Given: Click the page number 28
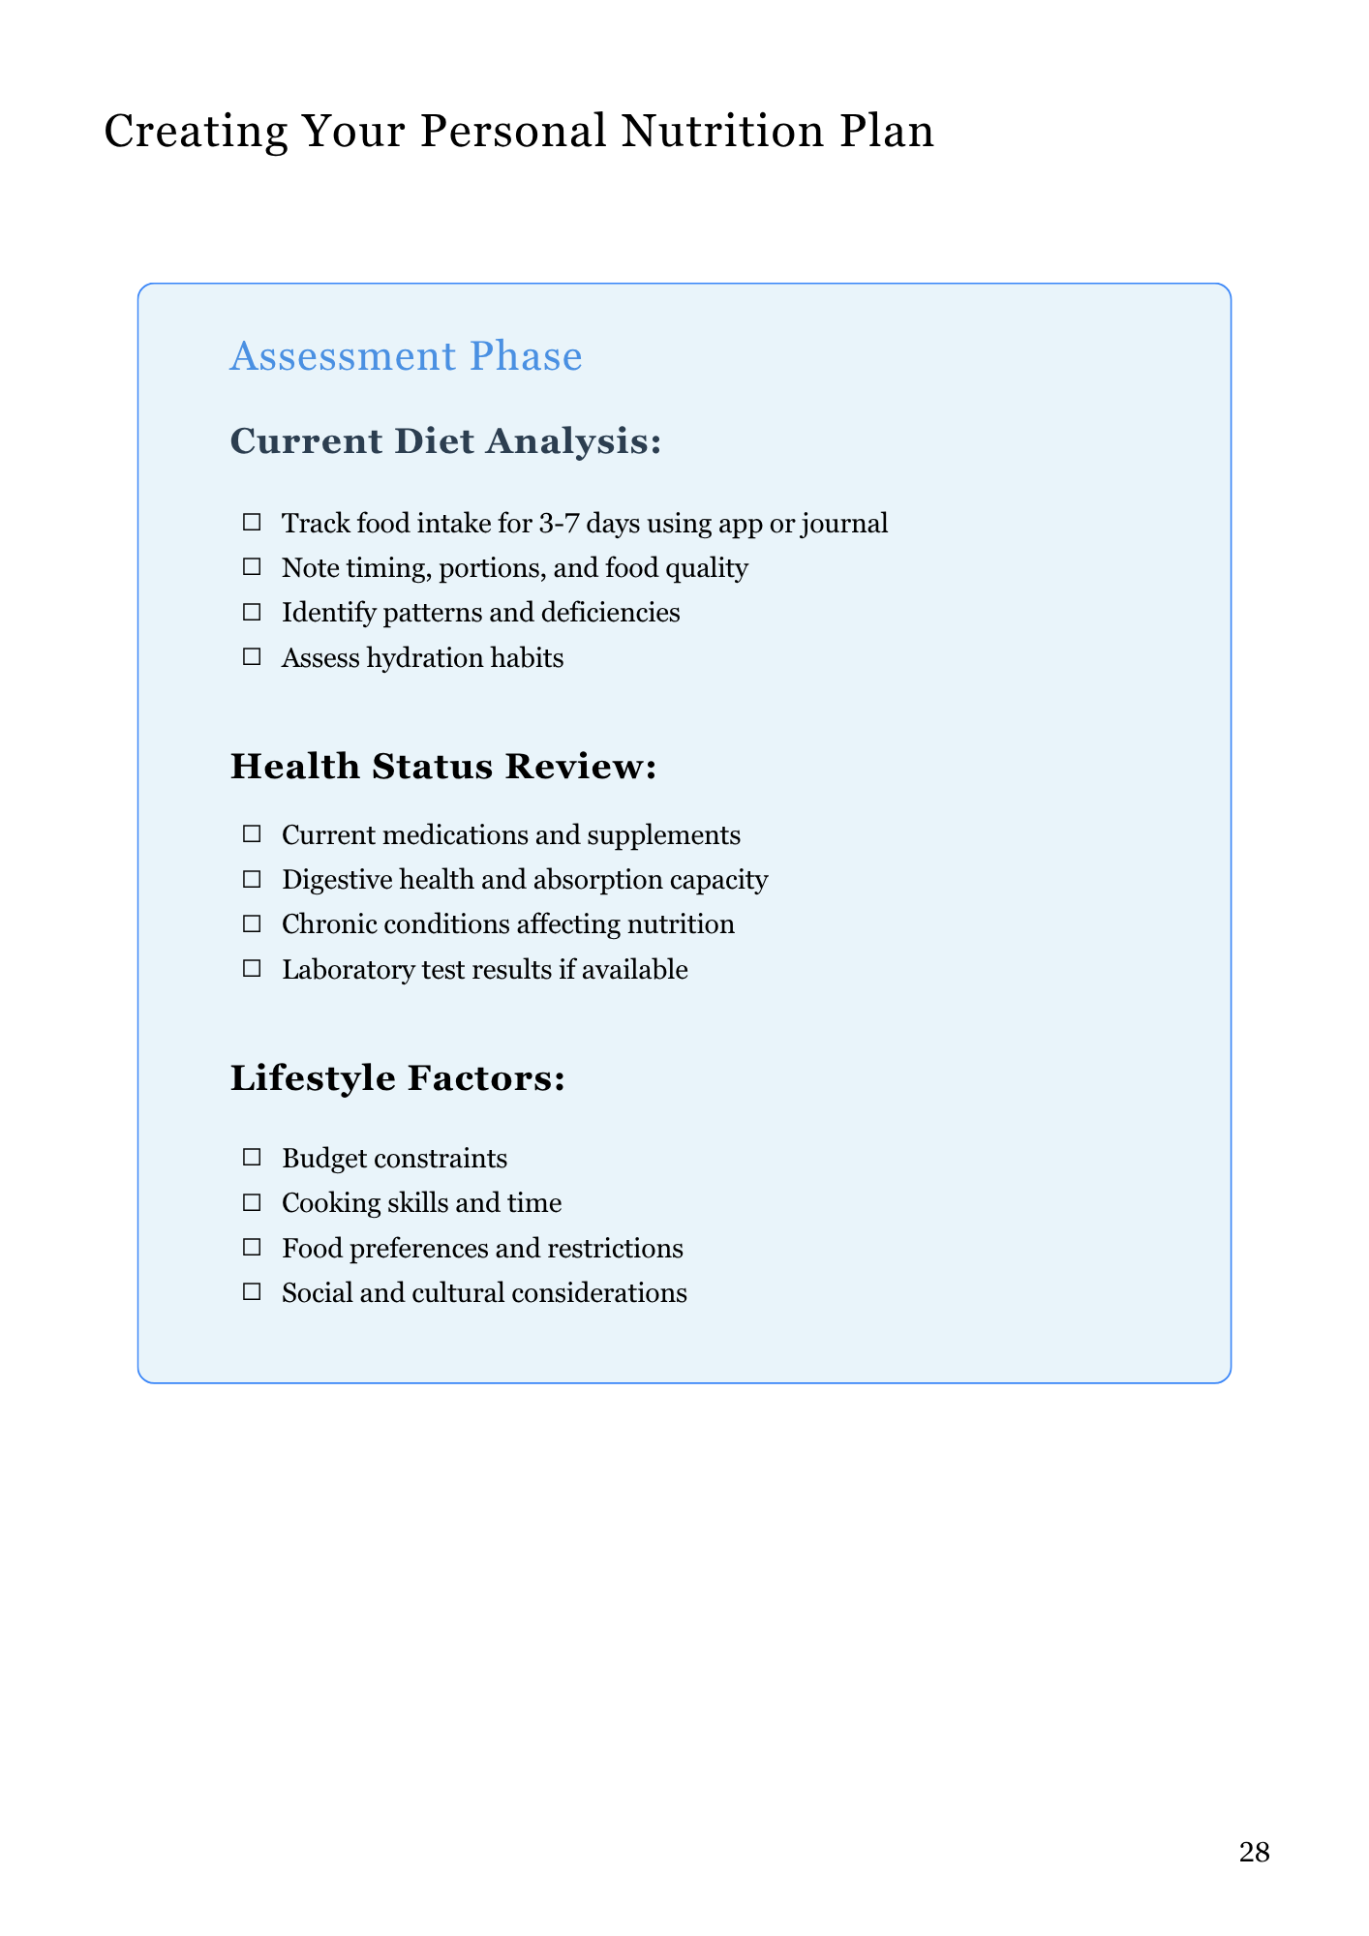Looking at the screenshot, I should point(1254,1853).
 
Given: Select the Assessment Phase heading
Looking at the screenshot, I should point(406,356).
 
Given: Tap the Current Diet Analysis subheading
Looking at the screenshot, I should point(445,441).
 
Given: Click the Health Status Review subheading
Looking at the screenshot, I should point(443,767).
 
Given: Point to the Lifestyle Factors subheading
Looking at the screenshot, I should point(397,1078).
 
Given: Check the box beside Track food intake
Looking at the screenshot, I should point(252,523).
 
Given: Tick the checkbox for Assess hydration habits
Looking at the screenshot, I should point(252,657).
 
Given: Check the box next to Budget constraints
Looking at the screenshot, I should point(252,1157).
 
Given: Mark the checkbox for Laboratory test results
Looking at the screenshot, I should point(252,968).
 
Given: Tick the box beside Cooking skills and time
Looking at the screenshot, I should point(252,1202).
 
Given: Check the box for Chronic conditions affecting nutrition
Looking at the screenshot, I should point(252,923).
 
